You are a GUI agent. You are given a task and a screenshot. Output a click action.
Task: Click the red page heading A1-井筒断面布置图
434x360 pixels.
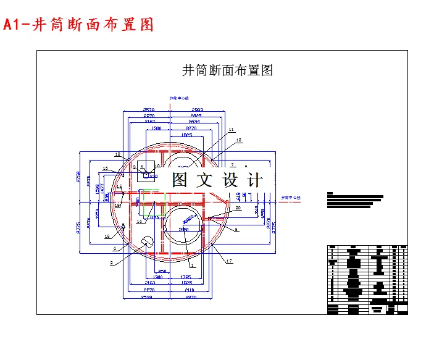click(78, 25)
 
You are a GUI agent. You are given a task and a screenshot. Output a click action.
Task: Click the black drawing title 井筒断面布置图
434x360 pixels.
click(227, 70)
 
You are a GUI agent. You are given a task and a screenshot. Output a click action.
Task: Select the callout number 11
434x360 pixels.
click(232, 130)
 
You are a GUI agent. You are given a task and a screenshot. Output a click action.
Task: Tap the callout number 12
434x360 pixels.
click(239, 140)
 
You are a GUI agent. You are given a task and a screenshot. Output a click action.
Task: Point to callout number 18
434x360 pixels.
click(117, 154)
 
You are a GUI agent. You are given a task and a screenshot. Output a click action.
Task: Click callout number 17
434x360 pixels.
click(229, 262)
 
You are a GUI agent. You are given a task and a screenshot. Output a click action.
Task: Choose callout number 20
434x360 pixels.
click(238, 208)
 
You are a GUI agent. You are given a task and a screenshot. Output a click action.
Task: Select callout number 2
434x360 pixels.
click(112, 263)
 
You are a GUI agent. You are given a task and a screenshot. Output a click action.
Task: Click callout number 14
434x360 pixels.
click(139, 221)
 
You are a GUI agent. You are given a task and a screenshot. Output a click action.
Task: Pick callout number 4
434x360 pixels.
click(114, 249)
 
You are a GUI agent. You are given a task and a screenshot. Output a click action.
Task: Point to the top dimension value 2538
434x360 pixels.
click(149, 109)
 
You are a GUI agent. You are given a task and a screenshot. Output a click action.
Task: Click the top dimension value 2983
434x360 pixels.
click(197, 109)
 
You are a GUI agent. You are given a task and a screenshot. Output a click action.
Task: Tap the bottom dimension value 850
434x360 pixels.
click(162, 272)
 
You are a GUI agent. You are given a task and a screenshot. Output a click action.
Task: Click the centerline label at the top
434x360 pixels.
click(179, 98)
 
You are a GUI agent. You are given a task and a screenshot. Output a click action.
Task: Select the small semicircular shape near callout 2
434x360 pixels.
click(146, 241)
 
